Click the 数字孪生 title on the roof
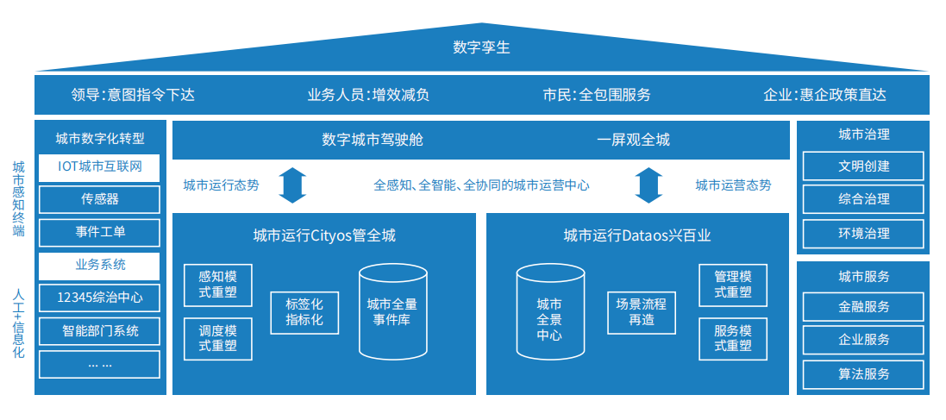click(x=481, y=47)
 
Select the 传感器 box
click(x=100, y=199)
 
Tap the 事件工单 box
click(x=100, y=232)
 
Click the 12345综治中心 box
click(x=100, y=298)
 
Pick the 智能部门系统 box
click(x=100, y=331)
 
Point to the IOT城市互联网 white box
click(x=100, y=166)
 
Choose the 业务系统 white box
click(x=100, y=265)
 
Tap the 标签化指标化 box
click(x=304, y=311)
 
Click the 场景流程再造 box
click(x=641, y=311)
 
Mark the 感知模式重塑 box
click(x=217, y=285)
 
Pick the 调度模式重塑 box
click(x=217, y=338)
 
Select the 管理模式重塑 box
click(x=733, y=285)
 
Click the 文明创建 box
click(x=863, y=166)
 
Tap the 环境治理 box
click(x=863, y=233)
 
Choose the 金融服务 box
click(x=863, y=306)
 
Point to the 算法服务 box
click(x=863, y=373)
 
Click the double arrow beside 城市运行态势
click(x=292, y=185)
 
